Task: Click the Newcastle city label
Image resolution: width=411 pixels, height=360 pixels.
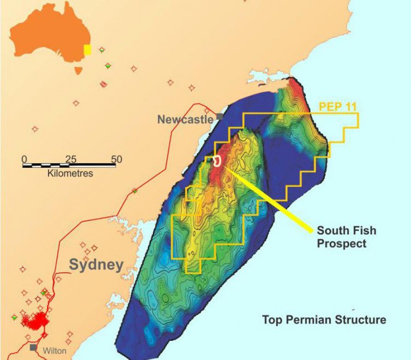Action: [x=185, y=118]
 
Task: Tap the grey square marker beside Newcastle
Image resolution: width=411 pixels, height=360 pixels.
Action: [x=219, y=116]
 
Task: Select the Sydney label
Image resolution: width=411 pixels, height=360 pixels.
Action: [x=96, y=265]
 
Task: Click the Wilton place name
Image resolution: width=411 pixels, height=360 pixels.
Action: [x=54, y=350]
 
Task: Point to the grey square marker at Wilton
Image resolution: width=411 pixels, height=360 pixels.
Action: [x=33, y=348]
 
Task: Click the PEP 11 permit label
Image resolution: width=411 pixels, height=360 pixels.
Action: [x=338, y=106]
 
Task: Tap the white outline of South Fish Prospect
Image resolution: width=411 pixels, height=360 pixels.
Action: [x=217, y=160]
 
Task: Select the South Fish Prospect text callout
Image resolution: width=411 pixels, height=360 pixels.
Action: [x=346, y=237]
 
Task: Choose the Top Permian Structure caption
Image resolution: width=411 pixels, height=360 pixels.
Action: [x=324, y=320]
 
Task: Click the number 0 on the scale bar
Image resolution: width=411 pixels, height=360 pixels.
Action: [x=24, y=159]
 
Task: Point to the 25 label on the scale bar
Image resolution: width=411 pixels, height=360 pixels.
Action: [x=70, y=159]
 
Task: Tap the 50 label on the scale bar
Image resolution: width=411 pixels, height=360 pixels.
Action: [x=116, y=159]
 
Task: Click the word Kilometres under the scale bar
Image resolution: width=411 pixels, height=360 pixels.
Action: [x=70, y=174]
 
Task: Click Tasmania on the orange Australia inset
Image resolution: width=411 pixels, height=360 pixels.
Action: [x=78, y=69]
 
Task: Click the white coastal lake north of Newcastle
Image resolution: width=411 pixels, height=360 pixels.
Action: [x=260, y=79]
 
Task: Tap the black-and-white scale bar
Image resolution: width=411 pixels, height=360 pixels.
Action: [x=70, y=166]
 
